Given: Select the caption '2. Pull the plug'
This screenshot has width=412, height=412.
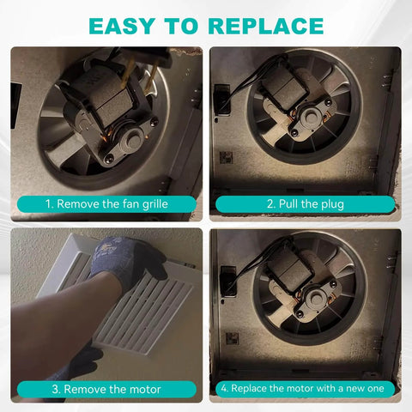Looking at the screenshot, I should [x=305, y=205].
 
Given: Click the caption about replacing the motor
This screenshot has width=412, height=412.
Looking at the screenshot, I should [x=305, y=388].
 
